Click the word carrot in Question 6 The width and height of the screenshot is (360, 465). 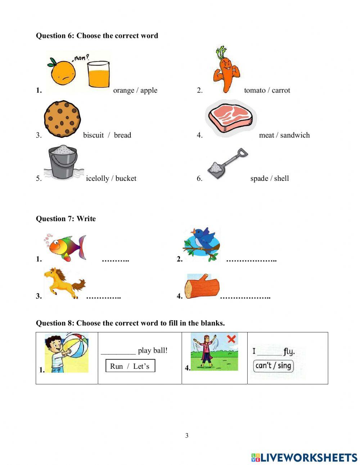click(281, 90)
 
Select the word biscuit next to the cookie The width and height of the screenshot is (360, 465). click(93, 135)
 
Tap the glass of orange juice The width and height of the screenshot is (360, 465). click(98, 74)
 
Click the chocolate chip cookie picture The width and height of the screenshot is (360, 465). click(62, 119)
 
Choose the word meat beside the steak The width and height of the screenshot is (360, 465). click(266, 135)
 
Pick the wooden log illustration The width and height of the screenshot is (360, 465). click(202, 286)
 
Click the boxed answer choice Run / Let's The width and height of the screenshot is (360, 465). click(130, 366)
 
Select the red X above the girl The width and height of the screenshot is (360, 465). click(231, 339)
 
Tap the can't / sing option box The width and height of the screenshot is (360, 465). click(273, 366)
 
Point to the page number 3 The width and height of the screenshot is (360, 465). click(187, 435)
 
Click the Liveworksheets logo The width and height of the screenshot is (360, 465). click(304, 457)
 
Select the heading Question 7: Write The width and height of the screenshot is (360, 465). click(66, 219)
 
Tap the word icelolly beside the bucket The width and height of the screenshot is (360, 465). click(97, 178)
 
